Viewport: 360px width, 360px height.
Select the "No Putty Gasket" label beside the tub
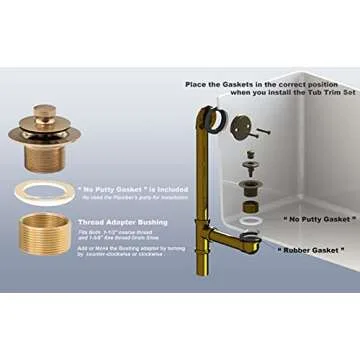tap(317, 217)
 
